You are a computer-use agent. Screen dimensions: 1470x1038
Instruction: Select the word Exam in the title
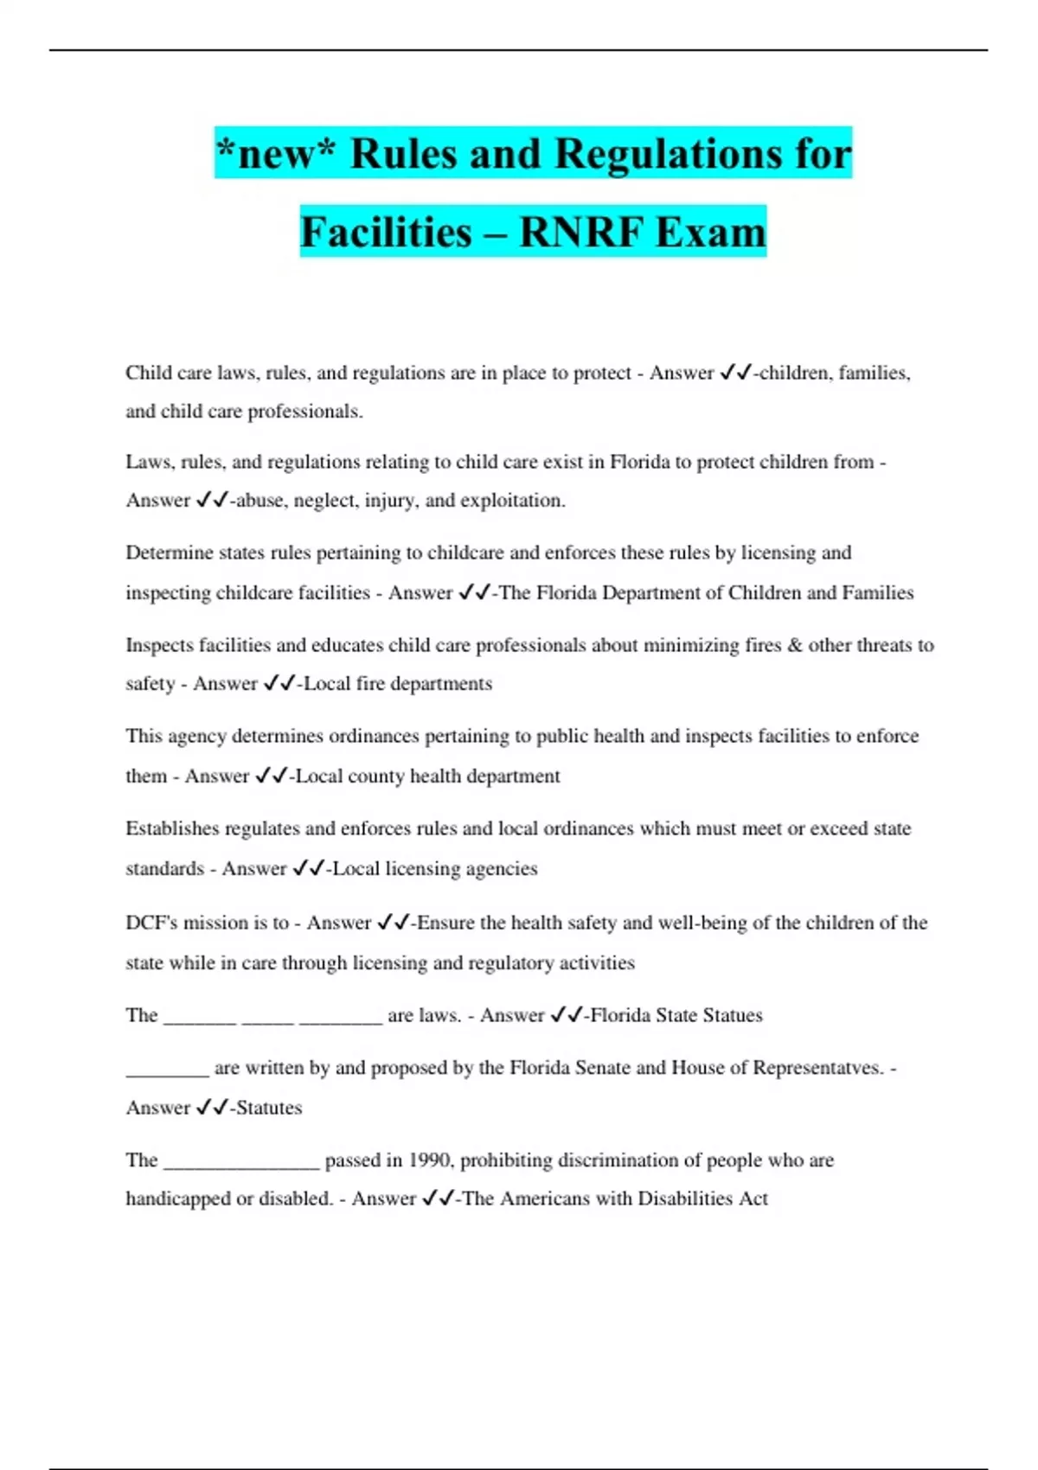point(710,232)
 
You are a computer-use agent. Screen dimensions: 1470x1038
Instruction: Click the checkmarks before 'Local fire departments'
point(279,684)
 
